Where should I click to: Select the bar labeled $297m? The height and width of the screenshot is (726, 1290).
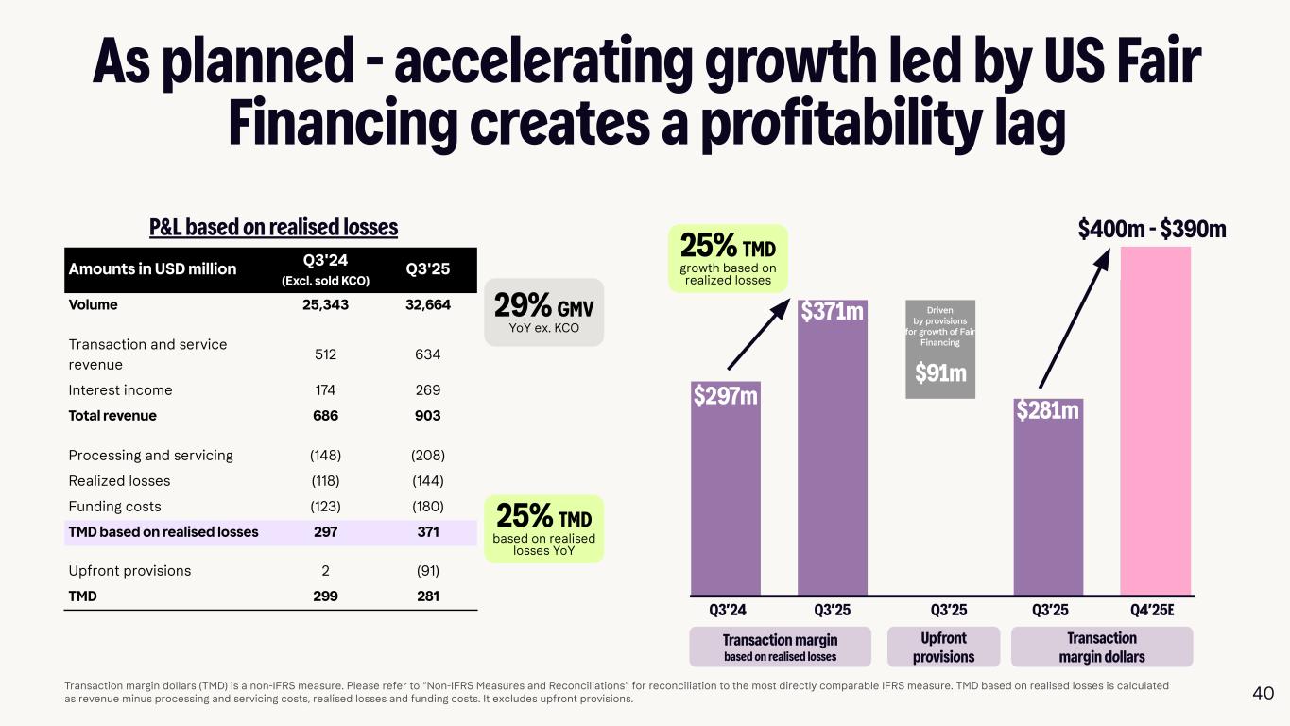tap(725, 501)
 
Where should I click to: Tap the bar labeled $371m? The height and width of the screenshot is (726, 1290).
tap(832, 454)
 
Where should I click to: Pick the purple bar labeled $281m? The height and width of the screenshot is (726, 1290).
tap(1048, 501)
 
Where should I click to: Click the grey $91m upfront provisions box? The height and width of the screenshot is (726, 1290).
tap(940, 349)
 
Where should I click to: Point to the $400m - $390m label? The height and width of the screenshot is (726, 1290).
tap(1152, 228)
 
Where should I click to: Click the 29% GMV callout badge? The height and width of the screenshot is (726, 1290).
tap(543, 312)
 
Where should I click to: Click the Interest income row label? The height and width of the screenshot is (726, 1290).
tap(120, 390)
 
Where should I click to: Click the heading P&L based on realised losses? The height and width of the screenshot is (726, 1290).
tap(274, 228)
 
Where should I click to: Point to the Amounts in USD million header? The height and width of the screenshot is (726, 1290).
tap(152, 269)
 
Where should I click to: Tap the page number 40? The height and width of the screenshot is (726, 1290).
tap(1263, 693)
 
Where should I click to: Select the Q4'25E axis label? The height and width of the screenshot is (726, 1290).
tap(1152, 610)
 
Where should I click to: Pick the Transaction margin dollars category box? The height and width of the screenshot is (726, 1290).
tap(1102, 648)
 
